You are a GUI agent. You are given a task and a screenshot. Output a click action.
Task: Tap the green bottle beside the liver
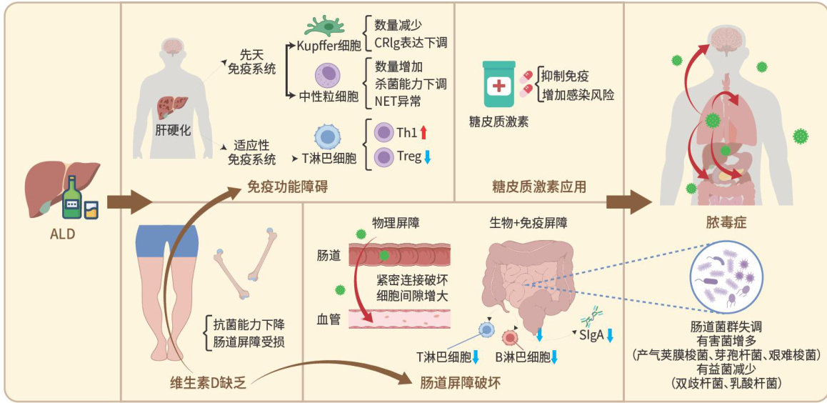pyautogui.click(x=72, y=199)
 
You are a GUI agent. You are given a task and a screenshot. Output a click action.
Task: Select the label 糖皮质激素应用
pyautogui.click(x=539, y=187)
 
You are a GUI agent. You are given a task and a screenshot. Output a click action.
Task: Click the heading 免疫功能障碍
pyautogui.click(x=281, y=188)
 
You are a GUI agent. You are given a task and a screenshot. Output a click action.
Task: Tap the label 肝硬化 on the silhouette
pyautogui.click(x=174, y=130)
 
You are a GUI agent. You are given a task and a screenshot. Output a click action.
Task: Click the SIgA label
pyautogui.click(x=589, y=336)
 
